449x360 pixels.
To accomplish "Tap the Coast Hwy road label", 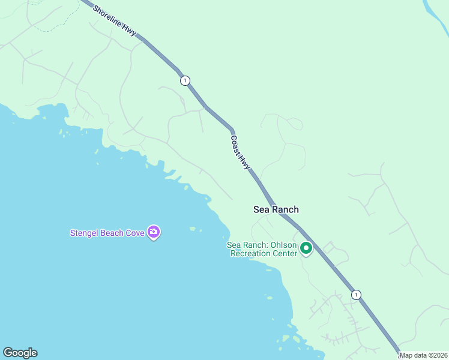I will tap(240, 152).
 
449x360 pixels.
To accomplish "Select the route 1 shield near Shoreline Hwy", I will tap(185, 80).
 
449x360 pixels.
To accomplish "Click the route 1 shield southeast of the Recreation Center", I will tap(357, 295).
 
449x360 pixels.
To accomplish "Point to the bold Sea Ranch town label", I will tap(276, 209).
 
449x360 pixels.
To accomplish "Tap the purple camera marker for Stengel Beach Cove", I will tap(154, 232).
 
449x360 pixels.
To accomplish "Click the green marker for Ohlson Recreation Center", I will tap(306, 248).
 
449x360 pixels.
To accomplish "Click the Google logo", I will tap(20, 353).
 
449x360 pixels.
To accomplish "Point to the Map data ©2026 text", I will tap(423, 355).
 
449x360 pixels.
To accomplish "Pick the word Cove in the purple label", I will tap(136, 233).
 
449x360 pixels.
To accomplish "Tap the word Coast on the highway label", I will tap(236, 144).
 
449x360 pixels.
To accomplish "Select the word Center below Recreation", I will tap(283, 253).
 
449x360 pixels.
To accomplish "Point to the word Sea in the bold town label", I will tap(261, 209).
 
